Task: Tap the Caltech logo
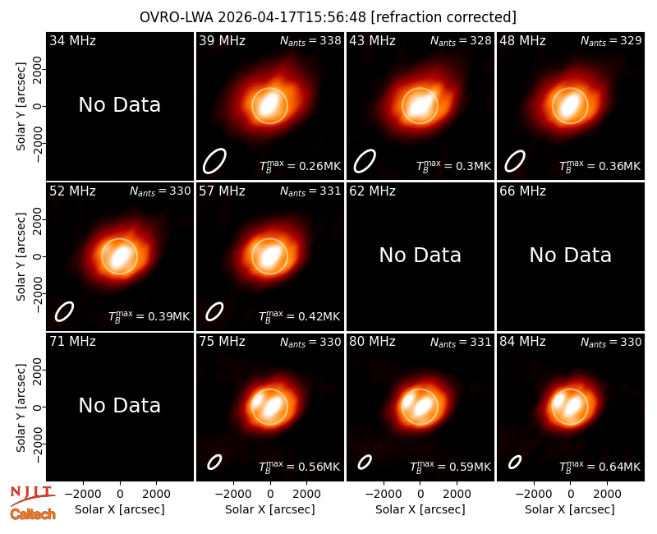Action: point(33,514)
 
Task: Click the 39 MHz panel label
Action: point(222,40)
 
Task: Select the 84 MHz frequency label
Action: point(522,342)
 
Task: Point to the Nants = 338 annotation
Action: point(310,40)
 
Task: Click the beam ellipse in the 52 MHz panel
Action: point(64,311)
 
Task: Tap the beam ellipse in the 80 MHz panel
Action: point(365,463)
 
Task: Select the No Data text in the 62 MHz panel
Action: point(420,255)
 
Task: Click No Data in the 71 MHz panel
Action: point(120,405)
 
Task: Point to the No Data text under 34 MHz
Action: point(120,105)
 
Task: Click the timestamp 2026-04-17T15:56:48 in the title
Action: point(292,17)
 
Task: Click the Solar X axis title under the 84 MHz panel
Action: point(570,509)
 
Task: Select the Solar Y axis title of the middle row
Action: point(21,256)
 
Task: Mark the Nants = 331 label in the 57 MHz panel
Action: point(310,191)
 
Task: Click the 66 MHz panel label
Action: point(522,191)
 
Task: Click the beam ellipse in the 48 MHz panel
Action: point(515,161)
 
